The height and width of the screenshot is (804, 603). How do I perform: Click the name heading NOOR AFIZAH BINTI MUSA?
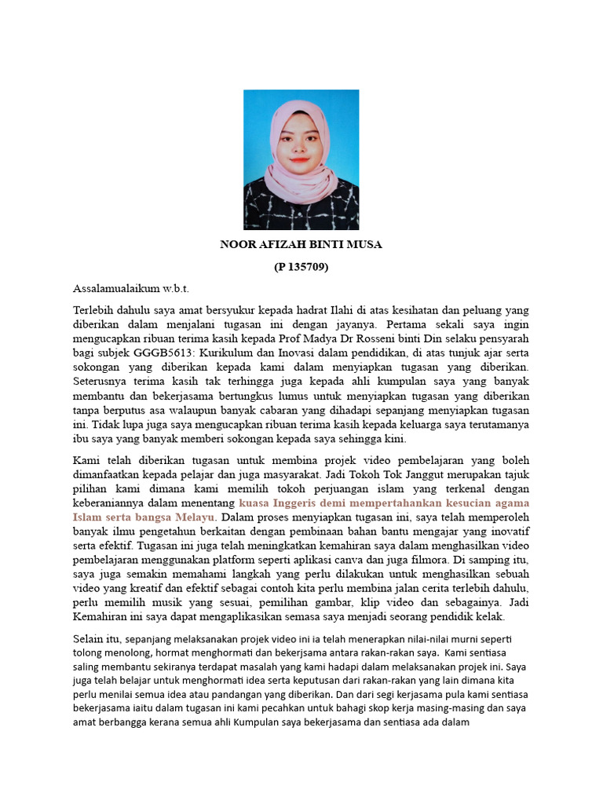click(301, 244)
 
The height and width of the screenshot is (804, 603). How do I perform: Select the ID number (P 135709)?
click(301, 267)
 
